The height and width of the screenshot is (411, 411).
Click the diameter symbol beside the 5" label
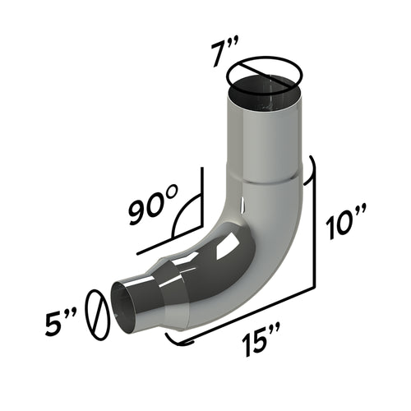click(x=98, y=312)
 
